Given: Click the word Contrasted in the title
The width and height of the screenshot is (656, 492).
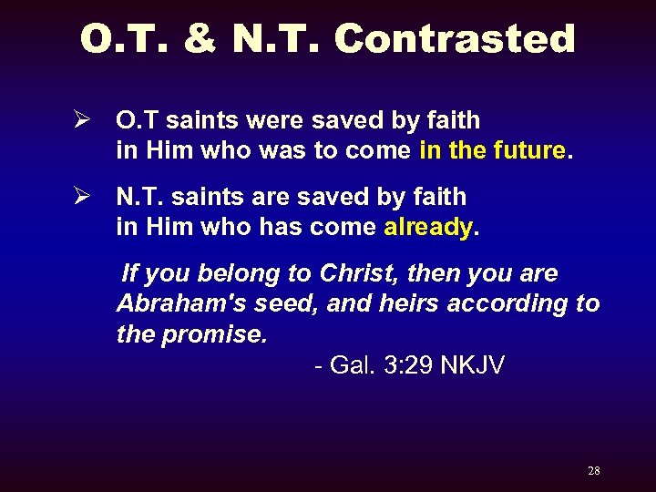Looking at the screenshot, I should pyautogui.click(x=455, y=40).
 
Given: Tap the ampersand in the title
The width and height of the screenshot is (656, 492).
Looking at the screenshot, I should pyautogui.click(x=200, y=40).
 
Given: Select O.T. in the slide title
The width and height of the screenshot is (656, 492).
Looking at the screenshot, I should pyautogui.click(x=126, y=40).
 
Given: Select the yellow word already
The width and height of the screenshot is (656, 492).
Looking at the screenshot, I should pyautogui.click(x=427, y=227).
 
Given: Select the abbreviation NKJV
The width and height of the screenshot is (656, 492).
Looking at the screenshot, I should pyautogui.click(x=472, y=365).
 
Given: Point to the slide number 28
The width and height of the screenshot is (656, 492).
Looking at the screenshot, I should pyautogui.click(x=593, y=471).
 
